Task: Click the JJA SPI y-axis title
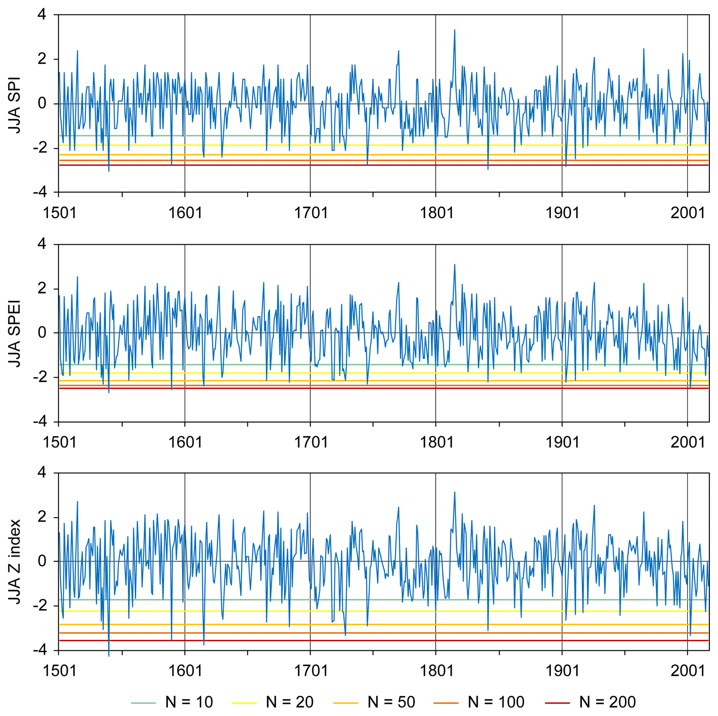(x=15, y=105)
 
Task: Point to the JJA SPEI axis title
(x=15, y=334)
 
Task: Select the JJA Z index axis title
(x=15, y=562)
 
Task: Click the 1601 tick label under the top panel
(x=185, y=213)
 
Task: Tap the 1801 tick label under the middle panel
(x=436, y=442)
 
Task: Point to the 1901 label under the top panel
(x=562, y=213)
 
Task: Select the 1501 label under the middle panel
(x=59, y=442)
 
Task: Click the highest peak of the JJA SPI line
(x=454, y=30)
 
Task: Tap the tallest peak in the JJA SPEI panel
(x=454, y=265)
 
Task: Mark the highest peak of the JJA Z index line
(x=454, y=492)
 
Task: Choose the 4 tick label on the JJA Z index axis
(x=42, y=473)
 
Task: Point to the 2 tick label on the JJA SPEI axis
(x=42, y=288)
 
